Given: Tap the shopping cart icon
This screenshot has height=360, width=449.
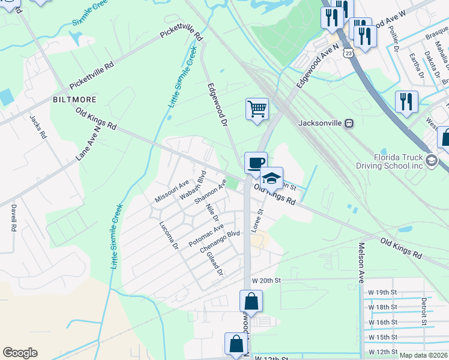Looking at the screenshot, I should [257, 110].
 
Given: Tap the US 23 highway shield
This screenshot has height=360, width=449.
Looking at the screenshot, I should [348, 53].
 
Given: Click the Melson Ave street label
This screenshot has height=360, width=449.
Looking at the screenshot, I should [361, 263].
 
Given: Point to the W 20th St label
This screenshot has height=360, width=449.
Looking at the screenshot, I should [266, 280].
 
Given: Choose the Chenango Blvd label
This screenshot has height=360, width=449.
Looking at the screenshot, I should [220, 241].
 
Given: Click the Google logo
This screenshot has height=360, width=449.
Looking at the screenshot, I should [20, 353].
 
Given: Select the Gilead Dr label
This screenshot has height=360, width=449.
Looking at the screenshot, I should [214, 264].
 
